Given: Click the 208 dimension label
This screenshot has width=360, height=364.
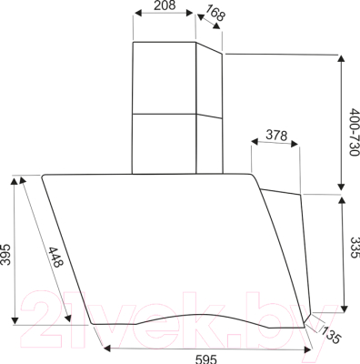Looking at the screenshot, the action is click(165, 5).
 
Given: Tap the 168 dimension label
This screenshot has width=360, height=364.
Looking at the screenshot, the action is click(215, 13).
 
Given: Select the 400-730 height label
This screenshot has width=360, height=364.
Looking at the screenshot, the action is click(354, 132).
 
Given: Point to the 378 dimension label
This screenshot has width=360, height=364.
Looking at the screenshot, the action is click(276, 136).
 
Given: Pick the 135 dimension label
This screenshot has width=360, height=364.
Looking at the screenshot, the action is click(331, 335).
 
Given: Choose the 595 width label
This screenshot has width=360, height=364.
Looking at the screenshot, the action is click(206, 359).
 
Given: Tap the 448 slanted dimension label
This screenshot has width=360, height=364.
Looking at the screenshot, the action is click(55, 257).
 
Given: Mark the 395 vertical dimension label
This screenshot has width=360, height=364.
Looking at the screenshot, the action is click(5, 254).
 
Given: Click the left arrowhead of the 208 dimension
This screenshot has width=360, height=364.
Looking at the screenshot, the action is click(138, 13).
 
